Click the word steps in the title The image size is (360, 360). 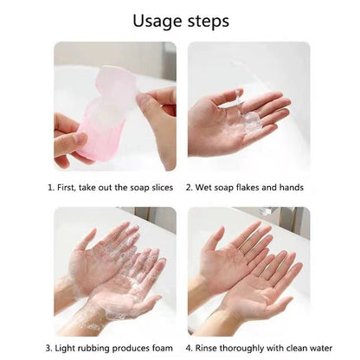point(207,20)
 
